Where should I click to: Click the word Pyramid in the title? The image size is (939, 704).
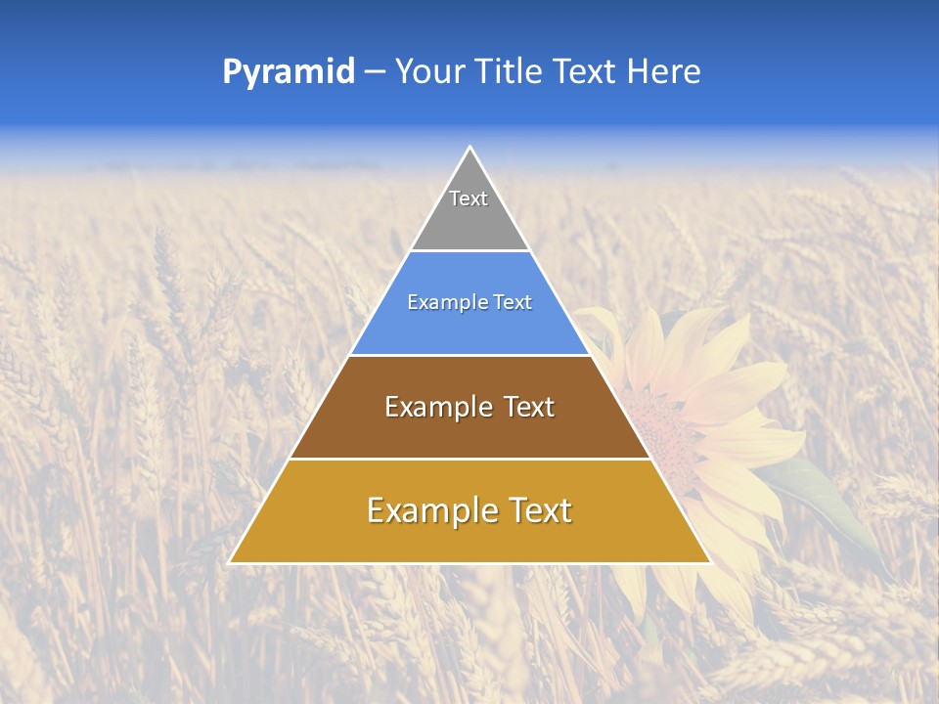coord(288,72)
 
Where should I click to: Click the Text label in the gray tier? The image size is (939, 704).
coord(469,198)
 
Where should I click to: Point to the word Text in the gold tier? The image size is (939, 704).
coord(539,510)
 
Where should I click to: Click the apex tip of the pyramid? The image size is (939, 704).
coord(469,148)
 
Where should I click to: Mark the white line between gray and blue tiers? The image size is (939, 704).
coord(469,251)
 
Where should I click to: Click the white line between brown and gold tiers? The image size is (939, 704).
coord(469,459)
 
